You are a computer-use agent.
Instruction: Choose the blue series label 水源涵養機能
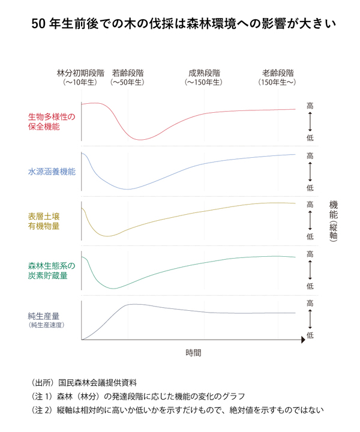(52, 172)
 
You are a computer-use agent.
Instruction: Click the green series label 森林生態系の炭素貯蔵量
(52, 270)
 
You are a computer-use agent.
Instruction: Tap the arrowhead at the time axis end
(304, 340)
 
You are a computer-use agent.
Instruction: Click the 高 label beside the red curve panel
(310, 106)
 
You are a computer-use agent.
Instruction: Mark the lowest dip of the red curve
(140, 140)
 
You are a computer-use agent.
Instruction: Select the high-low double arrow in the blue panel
(310, 172)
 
